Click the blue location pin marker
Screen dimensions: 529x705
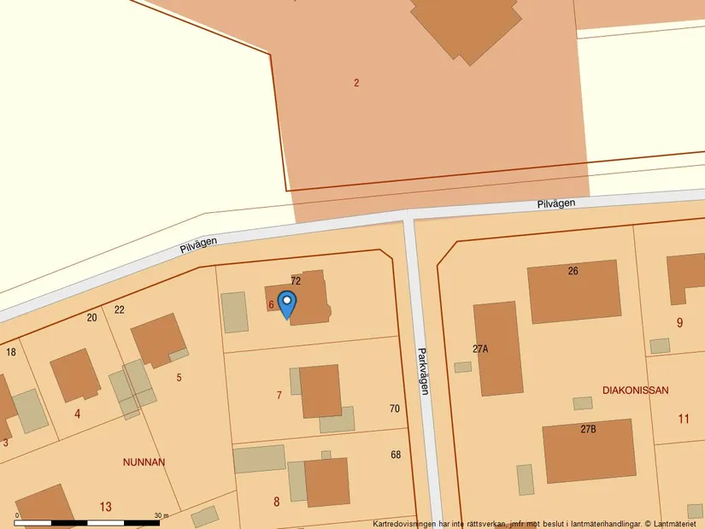click(287, 303)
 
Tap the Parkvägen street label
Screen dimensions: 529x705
click(423, 370)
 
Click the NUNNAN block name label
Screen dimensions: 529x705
click(144, 462)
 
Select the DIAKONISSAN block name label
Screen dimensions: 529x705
click(635, 390)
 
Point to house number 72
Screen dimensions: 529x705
click(296, 280)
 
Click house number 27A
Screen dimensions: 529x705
click(479, 349)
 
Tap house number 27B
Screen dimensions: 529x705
click(588, 429)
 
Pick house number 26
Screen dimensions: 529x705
click(573, 271)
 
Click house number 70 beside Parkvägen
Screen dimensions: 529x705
click(394, 409)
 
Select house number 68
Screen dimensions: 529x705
click(396, 455)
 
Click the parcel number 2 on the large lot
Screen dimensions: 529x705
click(356, 83)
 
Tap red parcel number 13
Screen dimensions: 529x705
click(105, 507)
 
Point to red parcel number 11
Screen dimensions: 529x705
click(683, 419)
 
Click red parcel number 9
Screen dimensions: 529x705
click(679, 323)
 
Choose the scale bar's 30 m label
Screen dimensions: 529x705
click(162, 515)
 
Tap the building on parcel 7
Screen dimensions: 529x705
click(320, 391)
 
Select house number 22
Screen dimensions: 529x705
click(120, 309)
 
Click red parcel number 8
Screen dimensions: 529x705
click(276, 502)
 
